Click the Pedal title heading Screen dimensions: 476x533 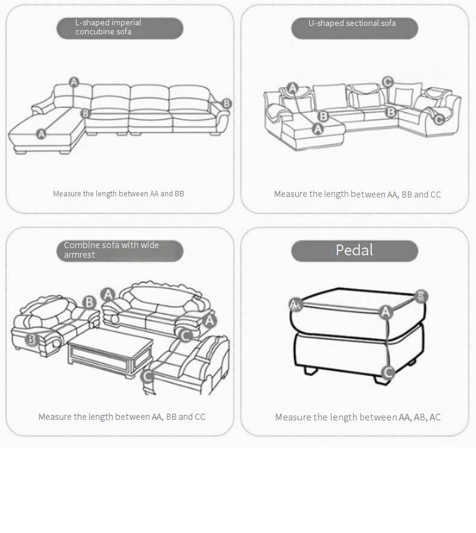click(x=354, y=250)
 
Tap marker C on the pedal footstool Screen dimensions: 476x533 click(x=387, y=372)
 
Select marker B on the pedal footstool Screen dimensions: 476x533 click(x=421, y=296)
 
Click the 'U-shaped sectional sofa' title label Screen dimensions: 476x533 click(x=352, y=23)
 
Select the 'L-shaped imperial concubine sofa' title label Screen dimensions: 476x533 click(x=108, y=27)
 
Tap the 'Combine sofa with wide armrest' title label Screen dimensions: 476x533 click(x=111, y=250)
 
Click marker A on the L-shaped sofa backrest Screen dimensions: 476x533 click(x=74, y=82)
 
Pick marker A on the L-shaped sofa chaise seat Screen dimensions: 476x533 click(x=41, y=134)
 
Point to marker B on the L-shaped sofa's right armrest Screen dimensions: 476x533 click(x=227, y=104)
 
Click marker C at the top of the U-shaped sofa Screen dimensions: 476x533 click(x=387, y=82)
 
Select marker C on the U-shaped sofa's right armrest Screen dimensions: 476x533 click(x=439, y=119)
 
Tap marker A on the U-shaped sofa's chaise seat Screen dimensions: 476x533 click(x=318, y=129)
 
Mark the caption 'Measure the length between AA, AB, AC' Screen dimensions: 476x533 click(x=358, y=417)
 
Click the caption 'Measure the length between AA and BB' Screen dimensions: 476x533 click(x=118, y=194)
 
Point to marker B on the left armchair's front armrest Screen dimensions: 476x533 click(x=31, y=339)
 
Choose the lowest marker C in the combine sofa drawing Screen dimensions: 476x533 click(x=148, y=376)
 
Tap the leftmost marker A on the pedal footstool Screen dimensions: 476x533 click(x=295, y=304)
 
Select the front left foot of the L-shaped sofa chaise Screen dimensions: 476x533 click(x=20, y=151)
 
